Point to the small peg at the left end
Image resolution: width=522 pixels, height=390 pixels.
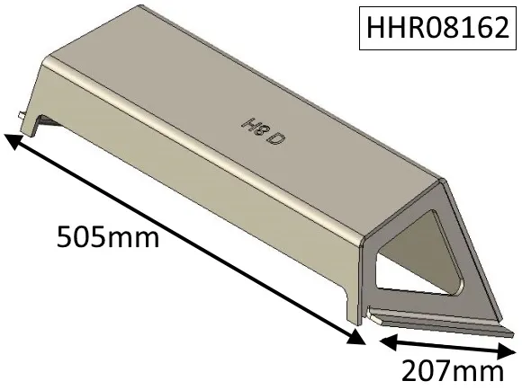point(20,116)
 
